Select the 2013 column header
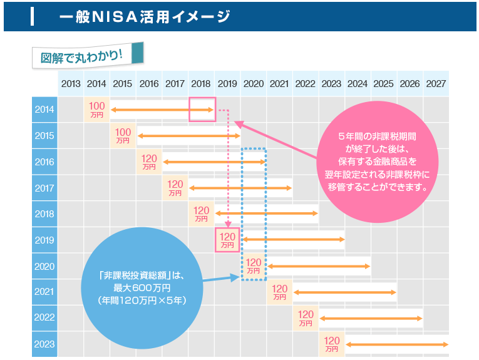(x=71, y=84)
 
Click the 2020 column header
(x=254, y=84)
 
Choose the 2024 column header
(x=358, y=84)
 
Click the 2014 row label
(x=44, y=110)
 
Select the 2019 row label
(x=44, y=240)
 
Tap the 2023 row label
(x=44, y=344)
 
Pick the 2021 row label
(x=44, y=292)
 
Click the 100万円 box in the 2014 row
(x=97, y=110)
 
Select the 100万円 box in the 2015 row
(x=123, y=136)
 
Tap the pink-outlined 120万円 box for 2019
(x=227, y=240)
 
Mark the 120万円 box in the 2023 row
(x=332, y=344)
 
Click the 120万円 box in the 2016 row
(x=149, y=162)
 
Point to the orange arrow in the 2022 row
(x=371, y=319)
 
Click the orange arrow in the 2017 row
(x=240, y=188)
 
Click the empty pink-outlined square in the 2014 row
(x=202, y=110)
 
